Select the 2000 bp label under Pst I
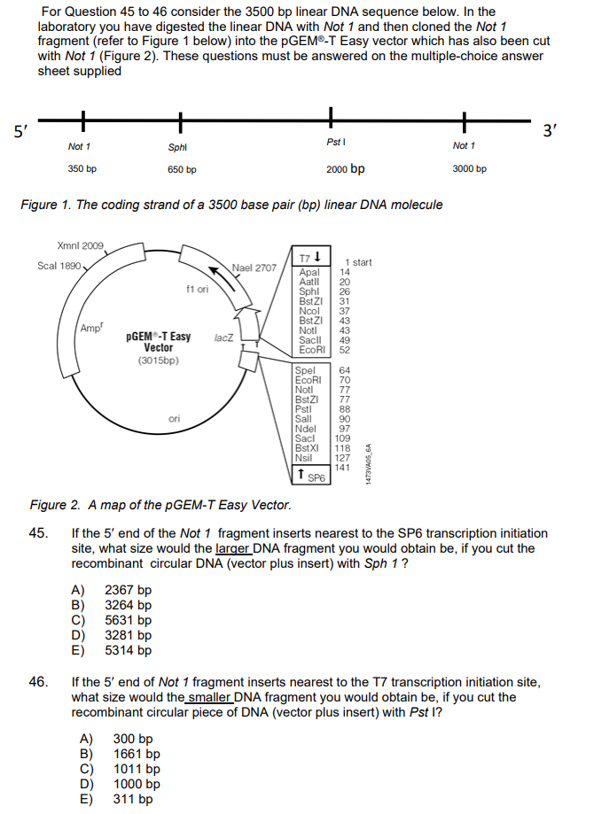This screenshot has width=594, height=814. point(345,168)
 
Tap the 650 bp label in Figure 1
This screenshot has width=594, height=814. point(182,169)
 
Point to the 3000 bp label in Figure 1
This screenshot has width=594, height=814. point(469,168)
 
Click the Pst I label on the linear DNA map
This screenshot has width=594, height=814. point(335,142)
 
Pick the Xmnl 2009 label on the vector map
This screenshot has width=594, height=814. point(80,245)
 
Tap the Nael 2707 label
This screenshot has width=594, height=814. point(254,267)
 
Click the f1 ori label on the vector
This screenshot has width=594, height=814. point(197,289)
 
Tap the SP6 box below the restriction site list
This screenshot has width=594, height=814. point(311,478)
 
